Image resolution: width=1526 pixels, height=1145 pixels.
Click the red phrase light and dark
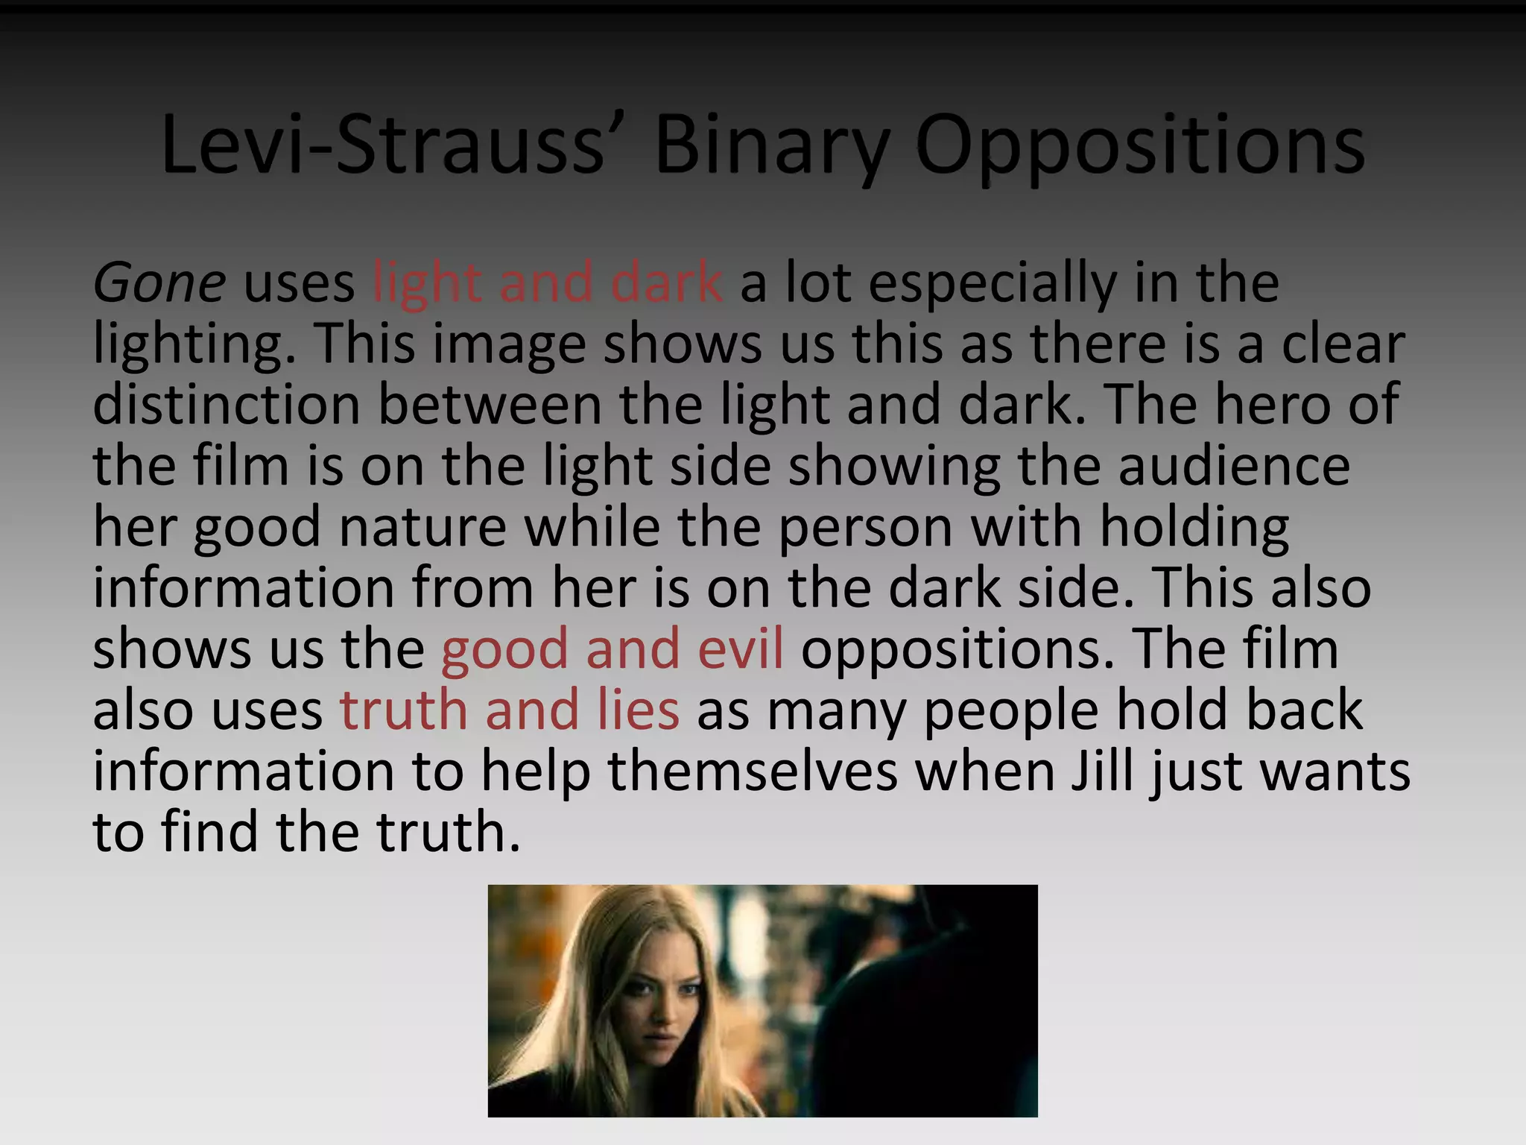pos(547,283)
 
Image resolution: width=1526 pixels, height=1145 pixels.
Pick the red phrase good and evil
pos(612,649)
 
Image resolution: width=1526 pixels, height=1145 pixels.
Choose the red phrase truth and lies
pos(510,710)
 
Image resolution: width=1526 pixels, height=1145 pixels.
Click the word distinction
pos(227,405)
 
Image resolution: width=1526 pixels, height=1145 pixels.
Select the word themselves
pos(753,771)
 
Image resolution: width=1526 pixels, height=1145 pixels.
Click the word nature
pos(423,527)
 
